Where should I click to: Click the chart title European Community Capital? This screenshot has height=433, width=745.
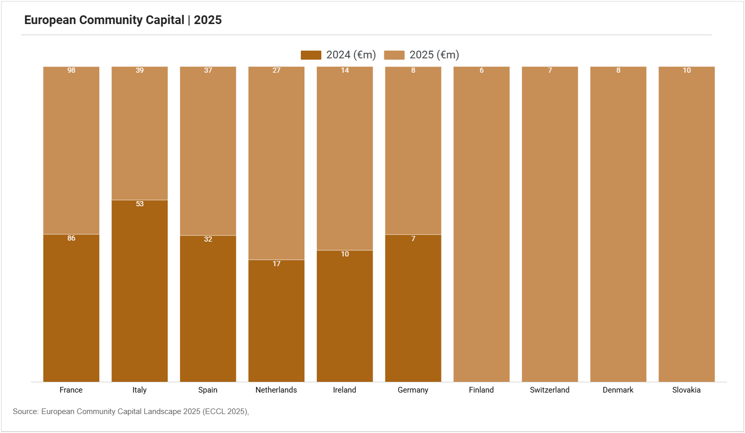104,20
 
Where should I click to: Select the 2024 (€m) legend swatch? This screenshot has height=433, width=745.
311,55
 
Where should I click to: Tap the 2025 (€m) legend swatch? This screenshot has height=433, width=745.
394,55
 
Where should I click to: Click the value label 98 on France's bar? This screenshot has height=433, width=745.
71,70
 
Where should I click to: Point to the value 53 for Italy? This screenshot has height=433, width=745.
140,204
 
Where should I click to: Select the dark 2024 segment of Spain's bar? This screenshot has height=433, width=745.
208,309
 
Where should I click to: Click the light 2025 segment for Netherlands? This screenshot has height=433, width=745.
276,163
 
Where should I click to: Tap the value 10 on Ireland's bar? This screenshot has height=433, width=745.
345,254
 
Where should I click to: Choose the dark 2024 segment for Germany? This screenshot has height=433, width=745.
413,308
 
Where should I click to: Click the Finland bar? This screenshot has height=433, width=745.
481,224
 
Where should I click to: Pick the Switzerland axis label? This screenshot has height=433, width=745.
550,390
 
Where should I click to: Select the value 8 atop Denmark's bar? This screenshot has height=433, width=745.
618,70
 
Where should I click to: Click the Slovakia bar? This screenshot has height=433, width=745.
687,224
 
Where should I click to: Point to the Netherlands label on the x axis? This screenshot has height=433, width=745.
276,390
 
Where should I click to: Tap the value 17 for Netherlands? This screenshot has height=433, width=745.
276,264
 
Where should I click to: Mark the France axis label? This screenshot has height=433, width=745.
71,390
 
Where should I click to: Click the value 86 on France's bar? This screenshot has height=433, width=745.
71,238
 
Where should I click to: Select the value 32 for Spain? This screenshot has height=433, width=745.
208,239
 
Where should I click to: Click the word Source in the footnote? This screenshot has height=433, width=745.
25,412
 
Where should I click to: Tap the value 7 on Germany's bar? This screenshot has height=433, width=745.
413,239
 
